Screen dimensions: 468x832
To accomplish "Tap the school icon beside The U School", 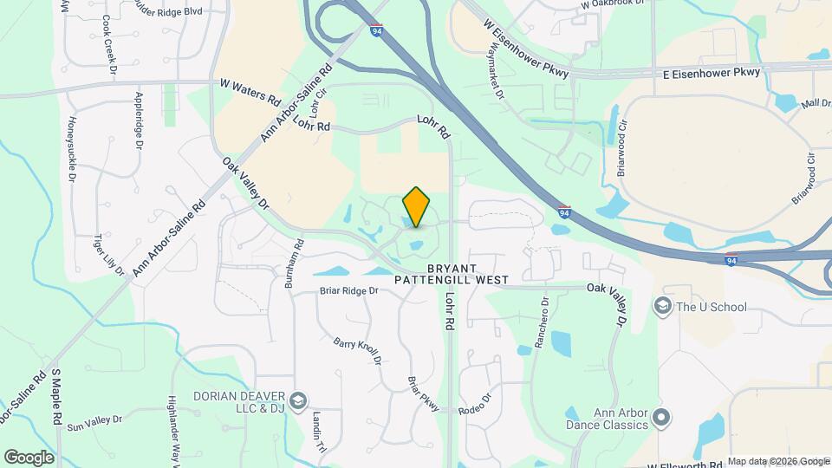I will (663, 307).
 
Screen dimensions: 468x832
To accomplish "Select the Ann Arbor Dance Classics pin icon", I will (661, 419).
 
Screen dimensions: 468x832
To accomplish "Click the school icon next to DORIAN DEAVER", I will (298, 400).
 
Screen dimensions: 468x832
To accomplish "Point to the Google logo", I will (29, 457).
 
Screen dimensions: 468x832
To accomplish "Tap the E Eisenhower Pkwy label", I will (711, 73).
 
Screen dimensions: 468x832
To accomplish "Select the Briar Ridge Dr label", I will (348, 291).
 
